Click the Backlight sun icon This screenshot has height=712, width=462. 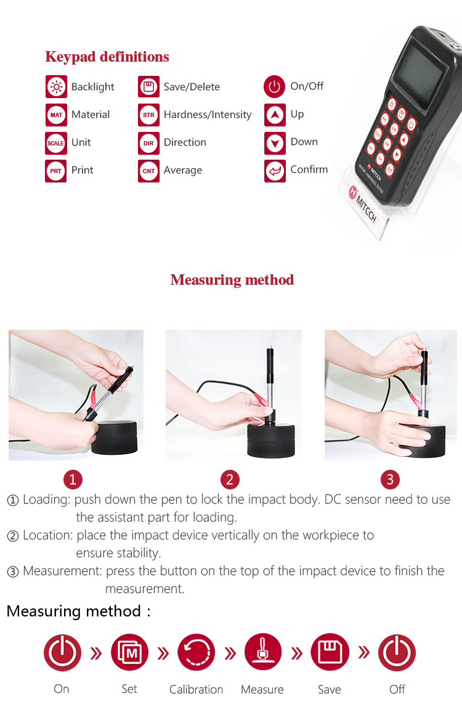tap(56, 86)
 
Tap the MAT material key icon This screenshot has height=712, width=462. tap(56, 115)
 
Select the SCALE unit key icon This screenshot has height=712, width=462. tap(56, 143)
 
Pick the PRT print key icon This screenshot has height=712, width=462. tap(56, 171)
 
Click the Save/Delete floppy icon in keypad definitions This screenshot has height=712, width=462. tap(149, 86)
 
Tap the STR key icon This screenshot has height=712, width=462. tap(149, 115)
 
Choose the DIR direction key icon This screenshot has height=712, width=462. tap(149, 143)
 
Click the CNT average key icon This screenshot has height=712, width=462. tap(149, 171)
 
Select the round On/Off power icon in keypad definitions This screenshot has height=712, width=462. tap(275, 86)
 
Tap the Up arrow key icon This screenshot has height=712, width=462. tap(275, 115)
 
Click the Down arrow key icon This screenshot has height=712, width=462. tap(275, 143)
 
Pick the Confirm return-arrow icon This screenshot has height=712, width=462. tap(275, 171)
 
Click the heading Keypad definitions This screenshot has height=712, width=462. tap(107, 57)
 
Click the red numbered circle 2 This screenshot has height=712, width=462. tap(230, 479)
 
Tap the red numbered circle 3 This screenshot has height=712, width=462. tap(390, 479)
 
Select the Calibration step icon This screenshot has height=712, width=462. tap(196, 653)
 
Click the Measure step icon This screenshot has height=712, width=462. tap(263, 652)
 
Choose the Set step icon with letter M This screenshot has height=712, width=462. tap(130, 653)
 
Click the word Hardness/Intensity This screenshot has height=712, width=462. tap(208, 115)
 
